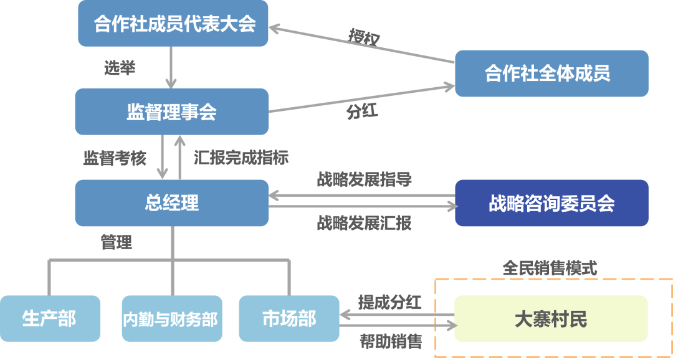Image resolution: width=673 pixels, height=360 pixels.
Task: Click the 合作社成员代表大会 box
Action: [173, 24]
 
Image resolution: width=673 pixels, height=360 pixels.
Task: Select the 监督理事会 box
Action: [172, 112]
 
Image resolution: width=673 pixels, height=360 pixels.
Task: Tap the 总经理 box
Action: [172, 203]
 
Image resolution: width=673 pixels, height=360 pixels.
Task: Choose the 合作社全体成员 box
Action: [551, 73]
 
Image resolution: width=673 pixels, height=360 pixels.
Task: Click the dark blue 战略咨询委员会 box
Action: [551, 203]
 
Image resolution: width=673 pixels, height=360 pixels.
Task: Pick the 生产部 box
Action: [50, 319]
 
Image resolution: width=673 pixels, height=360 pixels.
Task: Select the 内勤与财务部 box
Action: [171, 319]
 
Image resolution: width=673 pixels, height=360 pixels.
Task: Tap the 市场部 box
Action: [289, 319]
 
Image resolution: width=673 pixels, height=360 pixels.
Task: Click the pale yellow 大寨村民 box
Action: [551, 319]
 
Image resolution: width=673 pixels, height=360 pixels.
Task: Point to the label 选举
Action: [120, 67]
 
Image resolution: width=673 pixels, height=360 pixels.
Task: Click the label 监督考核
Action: [115, 158]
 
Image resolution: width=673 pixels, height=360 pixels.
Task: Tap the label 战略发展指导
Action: [364, 180]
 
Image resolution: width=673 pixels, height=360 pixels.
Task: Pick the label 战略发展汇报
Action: [364, 222]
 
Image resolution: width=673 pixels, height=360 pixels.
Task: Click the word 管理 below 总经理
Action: [117, 241]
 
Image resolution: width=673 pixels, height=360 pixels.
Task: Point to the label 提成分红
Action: [390, 303]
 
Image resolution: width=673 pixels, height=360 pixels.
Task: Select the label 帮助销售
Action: [390, 341]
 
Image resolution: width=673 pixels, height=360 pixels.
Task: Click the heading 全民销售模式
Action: [550, 268]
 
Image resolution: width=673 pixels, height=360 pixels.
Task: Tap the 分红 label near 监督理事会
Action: [362, 113]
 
